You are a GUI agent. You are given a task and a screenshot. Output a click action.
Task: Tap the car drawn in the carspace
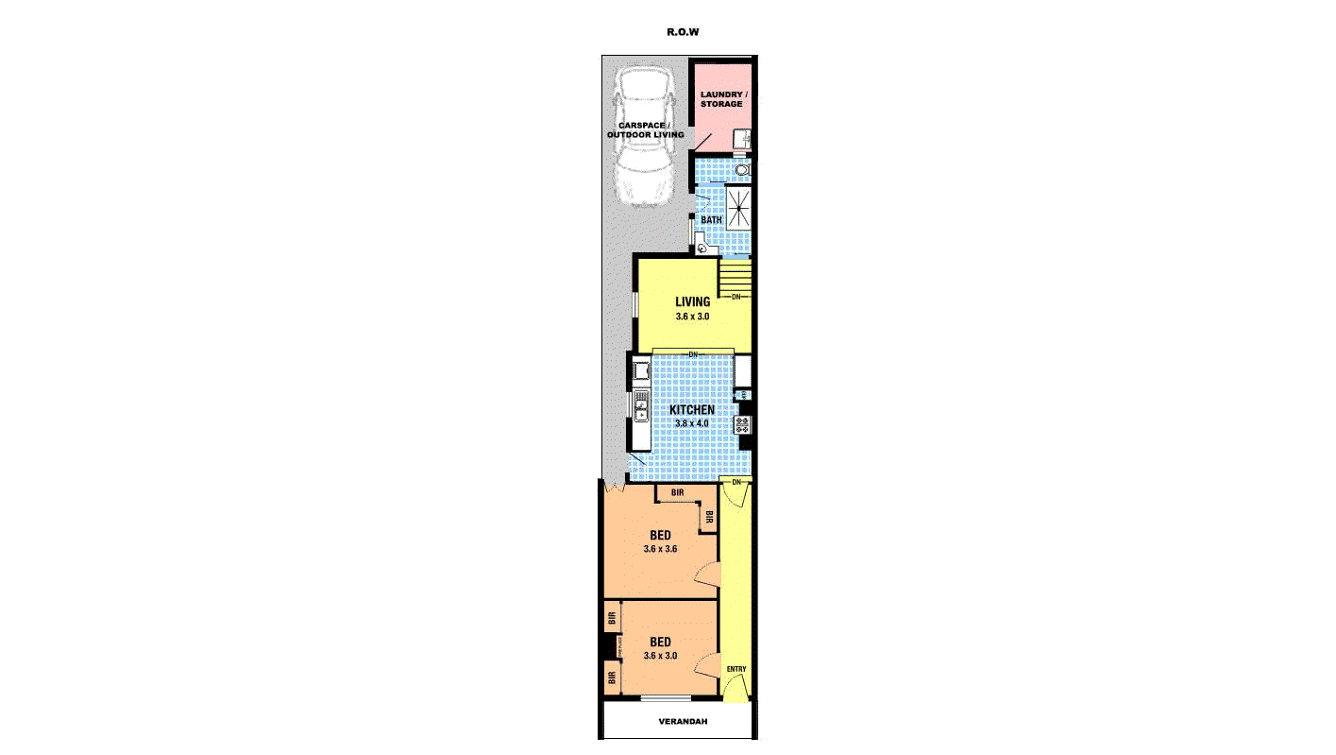[x=645, y=137]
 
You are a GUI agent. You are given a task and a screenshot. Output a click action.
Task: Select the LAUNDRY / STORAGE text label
[x=723, y=99]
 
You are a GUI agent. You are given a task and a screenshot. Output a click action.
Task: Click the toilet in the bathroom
[x=743, y=170]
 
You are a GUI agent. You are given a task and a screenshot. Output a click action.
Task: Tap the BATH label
[x=710, y=220]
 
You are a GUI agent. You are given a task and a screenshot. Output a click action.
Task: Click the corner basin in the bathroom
[x=702, y=249]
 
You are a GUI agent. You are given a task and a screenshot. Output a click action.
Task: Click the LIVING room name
[x=692, y=302]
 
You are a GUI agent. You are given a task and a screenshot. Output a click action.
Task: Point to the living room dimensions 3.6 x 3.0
[x=692, y=317]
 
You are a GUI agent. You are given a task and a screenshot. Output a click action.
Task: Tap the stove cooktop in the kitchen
[x=743, y=424]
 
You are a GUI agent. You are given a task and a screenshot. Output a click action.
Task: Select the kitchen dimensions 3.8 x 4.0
[x=692, y=423]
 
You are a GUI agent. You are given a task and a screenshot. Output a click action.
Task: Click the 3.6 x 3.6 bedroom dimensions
[x=660, y=548]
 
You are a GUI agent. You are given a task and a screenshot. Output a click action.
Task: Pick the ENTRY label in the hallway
[x=736, y=670]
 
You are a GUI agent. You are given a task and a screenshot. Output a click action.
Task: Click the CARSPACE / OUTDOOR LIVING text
[x=645, y=129]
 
